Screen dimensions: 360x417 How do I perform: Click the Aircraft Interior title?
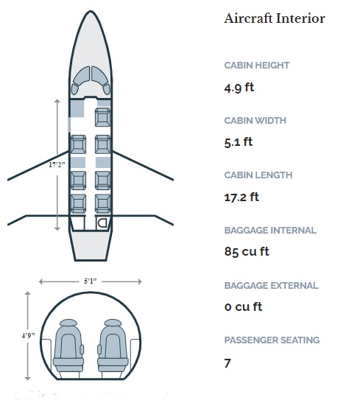tap(275, 18)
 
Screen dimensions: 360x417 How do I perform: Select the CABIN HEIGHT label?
tap(257, 66)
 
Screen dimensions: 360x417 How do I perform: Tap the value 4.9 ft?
tap(239, 88)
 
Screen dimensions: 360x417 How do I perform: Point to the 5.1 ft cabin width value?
tap(239, 142)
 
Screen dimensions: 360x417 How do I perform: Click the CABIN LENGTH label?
tap(258, 175)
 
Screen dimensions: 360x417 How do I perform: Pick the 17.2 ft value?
tap(241, 197)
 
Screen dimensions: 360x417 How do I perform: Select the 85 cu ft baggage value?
tap(247, 251)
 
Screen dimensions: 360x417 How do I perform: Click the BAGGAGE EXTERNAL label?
tap(271, 286)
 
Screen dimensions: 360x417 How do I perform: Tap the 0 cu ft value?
tap(243, 307)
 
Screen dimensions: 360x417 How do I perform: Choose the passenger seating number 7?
tap(227, 363)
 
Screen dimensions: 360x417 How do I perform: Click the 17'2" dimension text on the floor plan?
tap(57, 164)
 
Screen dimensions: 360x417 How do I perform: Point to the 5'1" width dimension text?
tap(91, 281)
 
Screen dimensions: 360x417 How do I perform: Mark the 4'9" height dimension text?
tap(28, 335)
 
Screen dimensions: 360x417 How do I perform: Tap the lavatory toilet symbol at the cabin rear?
tap(102, 222)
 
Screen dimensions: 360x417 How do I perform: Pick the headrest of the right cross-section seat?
tap(113, 323)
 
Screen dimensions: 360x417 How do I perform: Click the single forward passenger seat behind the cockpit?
tap(102, 117)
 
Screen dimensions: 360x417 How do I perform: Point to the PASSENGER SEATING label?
tap(272, 340)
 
